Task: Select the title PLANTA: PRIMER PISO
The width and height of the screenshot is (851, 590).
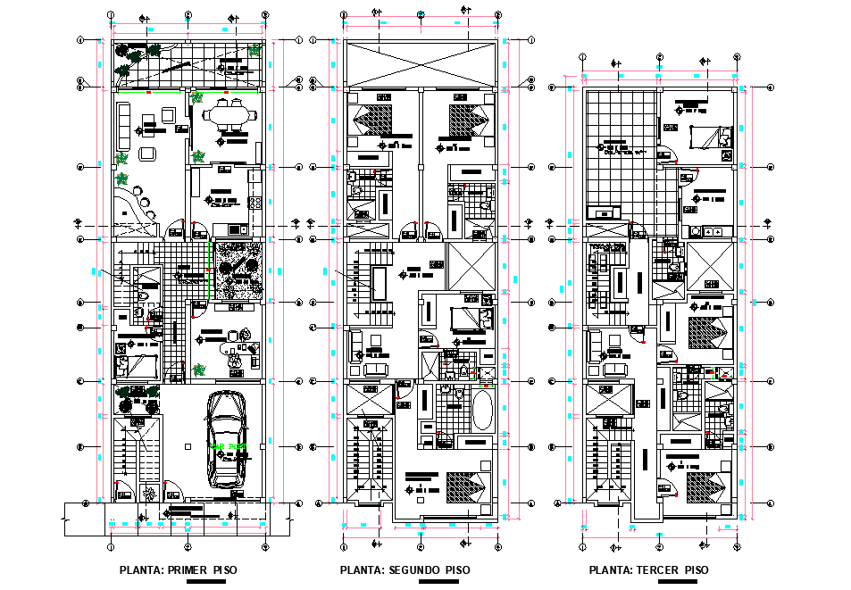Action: tap(179, 569)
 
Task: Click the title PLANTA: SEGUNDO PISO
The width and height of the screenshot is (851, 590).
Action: tap(405, 569)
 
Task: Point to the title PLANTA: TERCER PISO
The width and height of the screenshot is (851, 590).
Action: tap(649, 569)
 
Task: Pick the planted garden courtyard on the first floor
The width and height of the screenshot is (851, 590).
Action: tap(239, 270)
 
